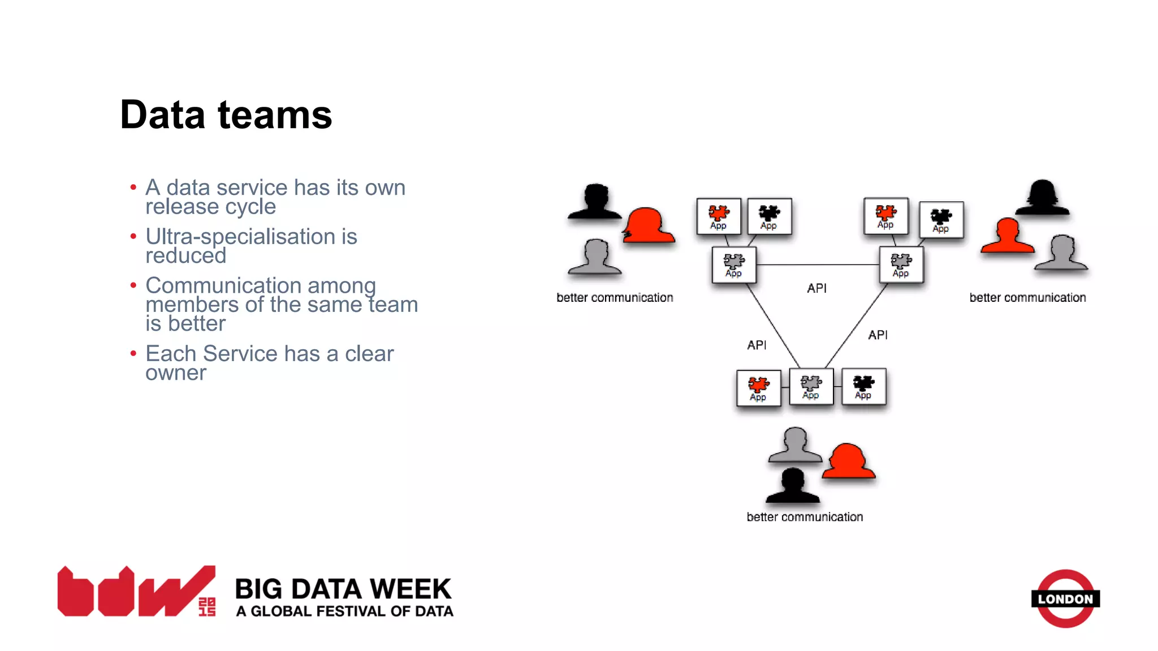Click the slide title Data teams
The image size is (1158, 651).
pos(226,115)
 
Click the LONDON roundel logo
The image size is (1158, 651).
pos(1065,598)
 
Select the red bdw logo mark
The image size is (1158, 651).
pos(136,592)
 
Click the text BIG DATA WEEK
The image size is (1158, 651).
pos(343,589)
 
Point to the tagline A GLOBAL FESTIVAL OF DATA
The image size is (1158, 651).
pos(344,611)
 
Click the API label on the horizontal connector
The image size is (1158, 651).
pos(816,288)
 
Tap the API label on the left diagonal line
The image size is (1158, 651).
pos(757,345)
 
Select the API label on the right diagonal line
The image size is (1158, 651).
pos(878,335)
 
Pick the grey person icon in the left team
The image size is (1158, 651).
pos(595,257)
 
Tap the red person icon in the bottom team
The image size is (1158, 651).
pos(848,461)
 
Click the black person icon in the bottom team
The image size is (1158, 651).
pos(792,486)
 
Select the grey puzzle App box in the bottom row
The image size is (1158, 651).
pos(811,387)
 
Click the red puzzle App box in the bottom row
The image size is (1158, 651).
pos(758,388)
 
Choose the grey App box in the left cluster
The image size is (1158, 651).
pos(733,265)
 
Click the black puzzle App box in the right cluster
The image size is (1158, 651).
pos(941,220)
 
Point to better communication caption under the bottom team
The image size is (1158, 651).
pos(805,517)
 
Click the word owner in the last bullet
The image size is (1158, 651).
pos(176,373)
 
